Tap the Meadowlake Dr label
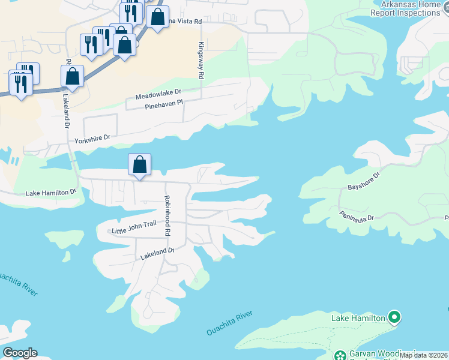(x=158, y=96)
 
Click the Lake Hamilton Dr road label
(x=52, y=193)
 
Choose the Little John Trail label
(x=134, y=227)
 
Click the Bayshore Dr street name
(x=364, y=182)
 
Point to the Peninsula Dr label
(x=356, y=216)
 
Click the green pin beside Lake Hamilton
(x=394, y=316)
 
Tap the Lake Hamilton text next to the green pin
(x=358, y=317)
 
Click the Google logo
(x=20, y=353)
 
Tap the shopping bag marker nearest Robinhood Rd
(x=139, y=165)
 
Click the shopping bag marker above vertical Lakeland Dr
(x=72, y=77)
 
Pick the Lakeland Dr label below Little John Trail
(x=157, y=254)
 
